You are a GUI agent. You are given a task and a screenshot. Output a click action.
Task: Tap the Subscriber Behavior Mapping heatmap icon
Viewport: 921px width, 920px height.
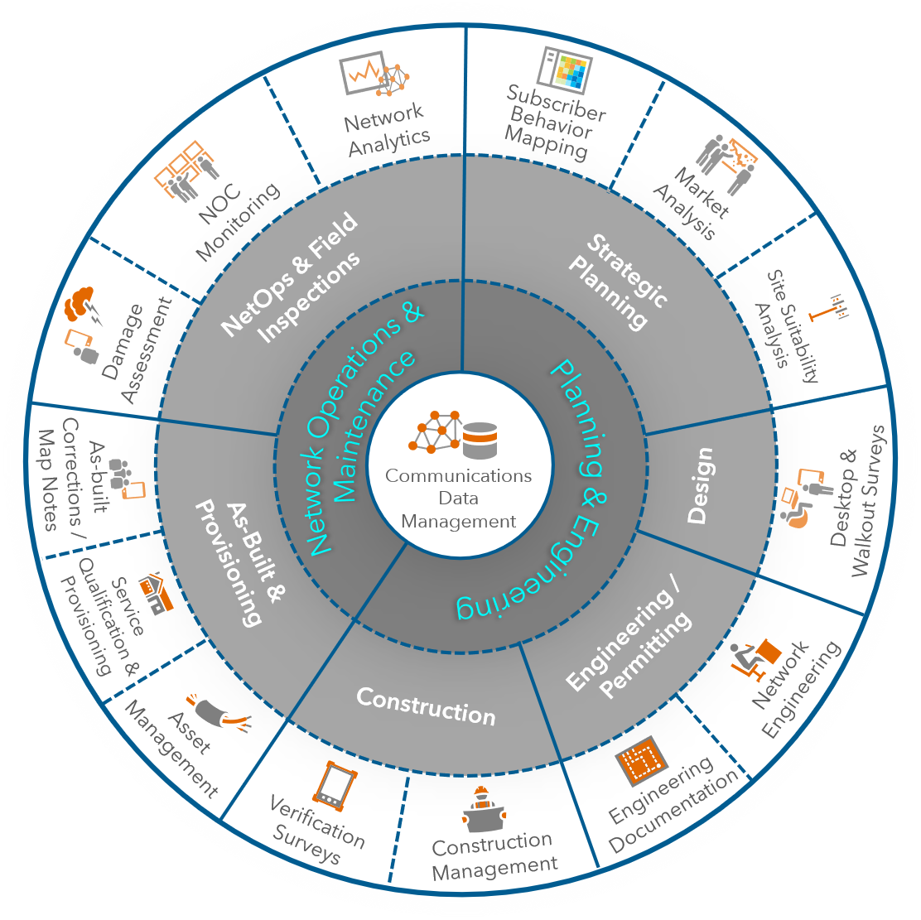[x=564, y=70]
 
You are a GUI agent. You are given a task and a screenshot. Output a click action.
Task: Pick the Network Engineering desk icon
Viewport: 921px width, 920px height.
[x=756, y=654]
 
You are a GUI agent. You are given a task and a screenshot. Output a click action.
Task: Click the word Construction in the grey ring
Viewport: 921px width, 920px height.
[x=426, y=706]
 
